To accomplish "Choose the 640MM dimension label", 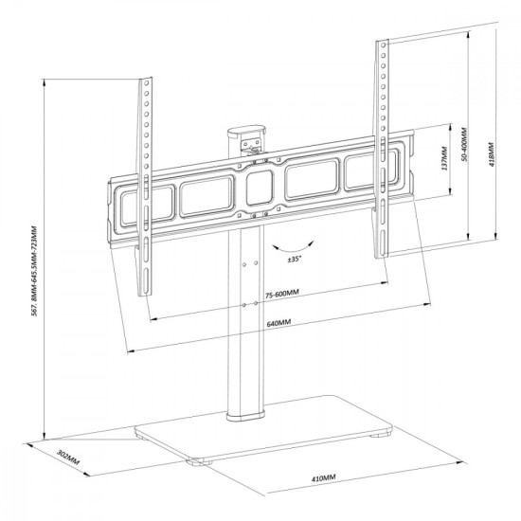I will coord(278,322).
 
